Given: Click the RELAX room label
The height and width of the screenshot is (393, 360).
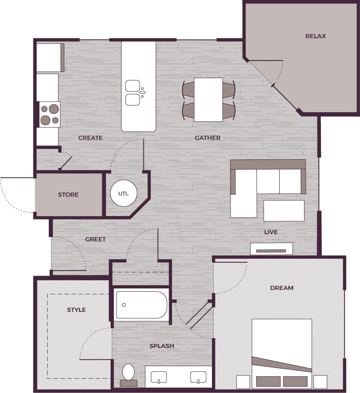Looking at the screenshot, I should (x=315, y=36).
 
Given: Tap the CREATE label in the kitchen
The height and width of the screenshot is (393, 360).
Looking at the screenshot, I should (x=90, y=138).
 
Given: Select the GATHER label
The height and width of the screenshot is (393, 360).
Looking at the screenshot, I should (x=207, y=138).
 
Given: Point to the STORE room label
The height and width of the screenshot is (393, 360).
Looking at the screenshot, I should (x=68, y=195).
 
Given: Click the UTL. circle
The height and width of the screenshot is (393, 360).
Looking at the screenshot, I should (x=123, y=194).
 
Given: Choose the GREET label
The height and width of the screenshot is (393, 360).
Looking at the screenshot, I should (x=95, y=239).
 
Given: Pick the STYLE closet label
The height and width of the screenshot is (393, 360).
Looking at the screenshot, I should (x=77, y=310).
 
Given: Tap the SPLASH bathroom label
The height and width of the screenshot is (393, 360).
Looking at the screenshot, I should (x=162, y=346).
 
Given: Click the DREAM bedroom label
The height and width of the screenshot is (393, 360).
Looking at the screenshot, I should (x=282, y=288).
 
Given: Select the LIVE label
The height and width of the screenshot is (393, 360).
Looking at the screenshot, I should (x=271, y=232).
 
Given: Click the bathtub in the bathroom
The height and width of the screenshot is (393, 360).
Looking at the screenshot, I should (x=142, y=305).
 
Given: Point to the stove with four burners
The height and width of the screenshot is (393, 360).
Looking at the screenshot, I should (x=50, y=114).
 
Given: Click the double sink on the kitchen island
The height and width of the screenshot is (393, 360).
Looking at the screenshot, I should (x=133, y=93).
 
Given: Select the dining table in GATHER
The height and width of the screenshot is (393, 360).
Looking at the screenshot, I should (x=208, y=100).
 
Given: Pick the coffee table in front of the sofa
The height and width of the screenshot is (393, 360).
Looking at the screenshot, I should (x=284, y=211).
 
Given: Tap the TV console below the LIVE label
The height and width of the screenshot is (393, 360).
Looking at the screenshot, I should (x=271, y=249).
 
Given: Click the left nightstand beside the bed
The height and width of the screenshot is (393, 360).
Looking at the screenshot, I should (x=243, y=382).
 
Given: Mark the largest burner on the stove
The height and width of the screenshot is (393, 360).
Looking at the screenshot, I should (x=53, y=109).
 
